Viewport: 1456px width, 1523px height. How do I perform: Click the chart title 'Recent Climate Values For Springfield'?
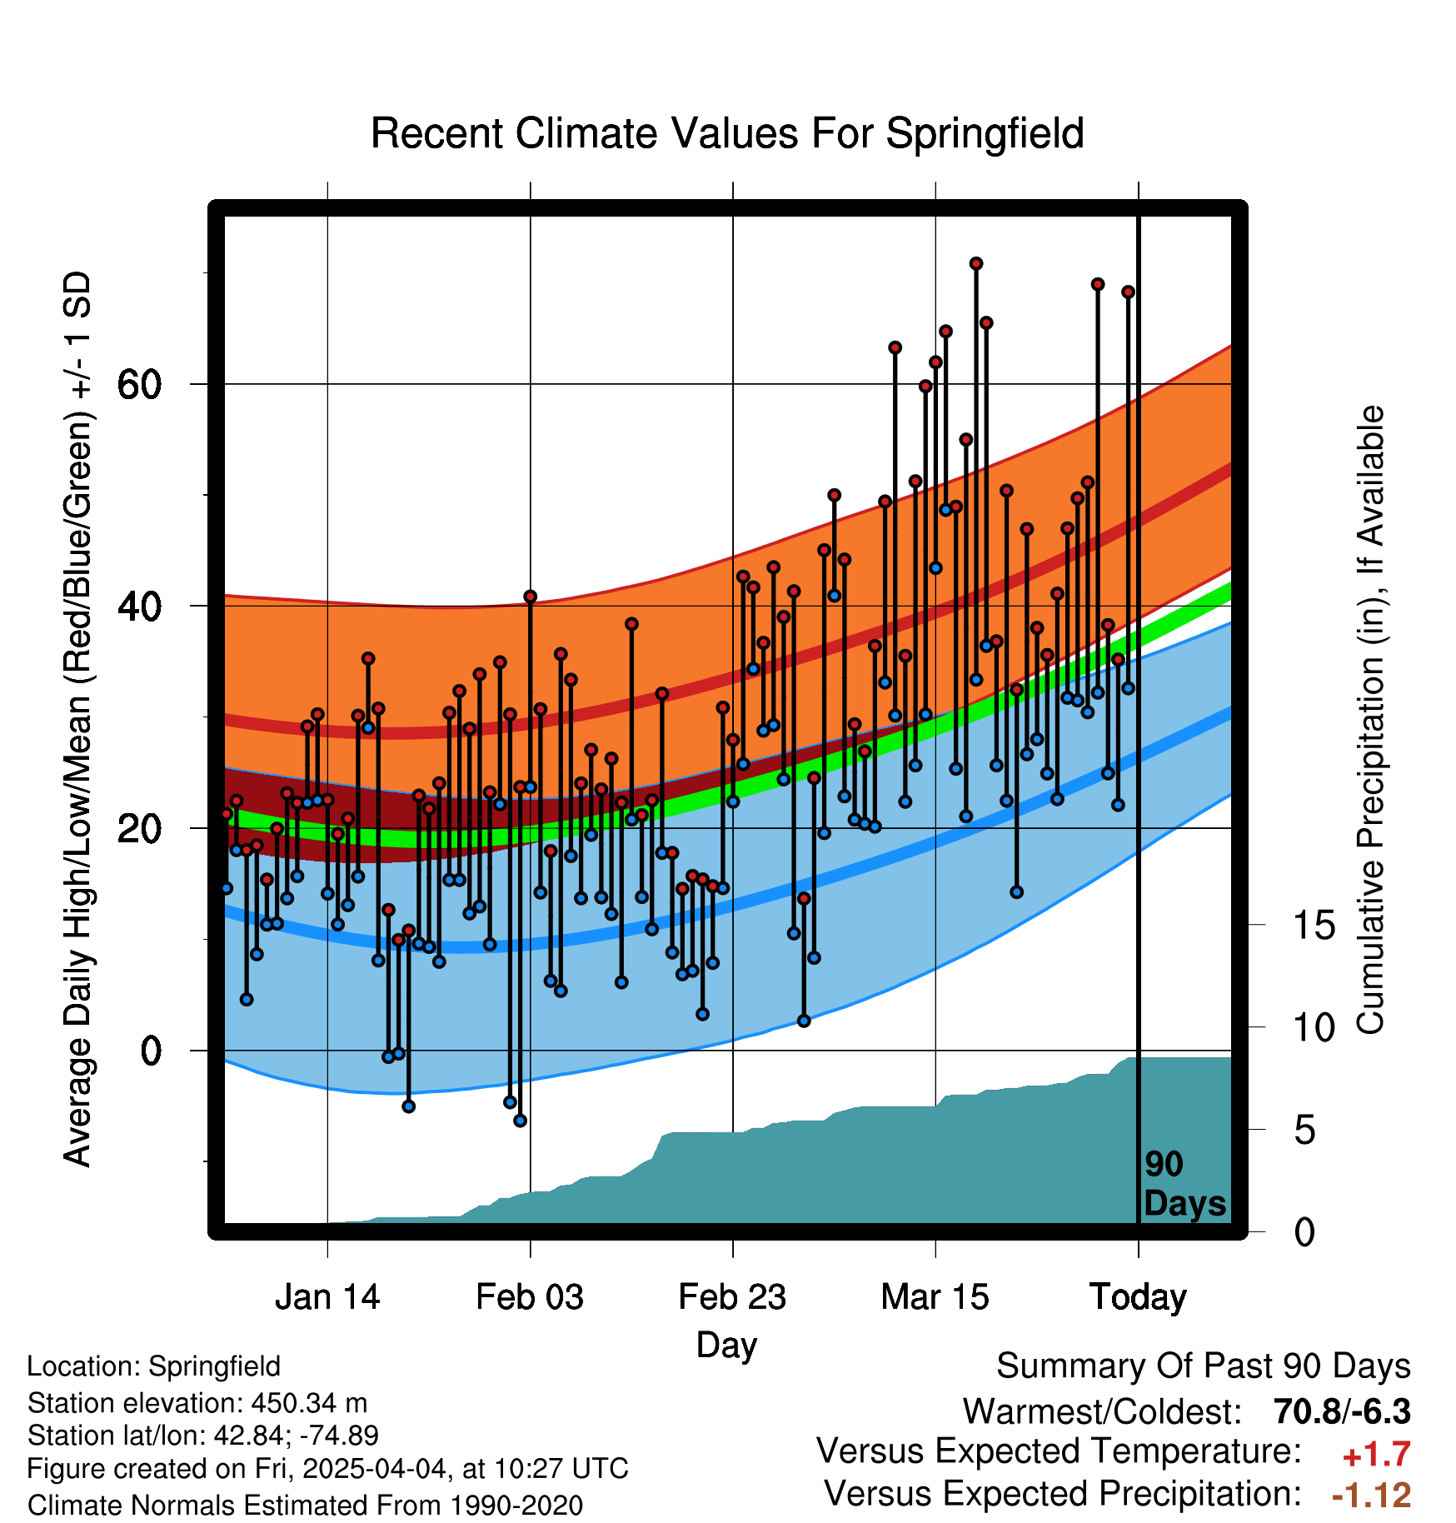[x=727, y=133]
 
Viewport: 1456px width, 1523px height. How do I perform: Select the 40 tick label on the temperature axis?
[x=140, y=606]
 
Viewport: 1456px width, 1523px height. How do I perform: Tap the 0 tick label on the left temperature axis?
[x=151, y=1051]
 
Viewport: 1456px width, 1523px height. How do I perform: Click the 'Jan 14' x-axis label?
[x=327, y=1297]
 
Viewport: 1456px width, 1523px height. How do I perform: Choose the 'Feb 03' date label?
[x=530, y=1297]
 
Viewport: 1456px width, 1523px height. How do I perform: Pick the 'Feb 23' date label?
[x=732, y=1297]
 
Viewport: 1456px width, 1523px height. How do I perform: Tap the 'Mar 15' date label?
[x=935, y=1297]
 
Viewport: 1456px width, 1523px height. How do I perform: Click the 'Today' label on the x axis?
[x=1138, y=1297]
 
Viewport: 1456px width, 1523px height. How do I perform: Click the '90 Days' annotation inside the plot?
[x=1184, y=1184]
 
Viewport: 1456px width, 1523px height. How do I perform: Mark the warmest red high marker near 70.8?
[x=976, y=263]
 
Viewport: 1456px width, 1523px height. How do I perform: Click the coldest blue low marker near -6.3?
[x=520, y=1121]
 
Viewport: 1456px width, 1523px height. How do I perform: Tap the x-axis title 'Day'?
[x=726, y=1345]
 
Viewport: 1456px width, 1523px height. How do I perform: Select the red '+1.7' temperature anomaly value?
[x=1377, y=1455]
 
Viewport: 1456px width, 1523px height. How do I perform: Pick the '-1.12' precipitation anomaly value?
[x=1372, y=1495]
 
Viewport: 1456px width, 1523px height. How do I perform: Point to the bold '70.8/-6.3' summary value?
[x=1342, y=1411]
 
